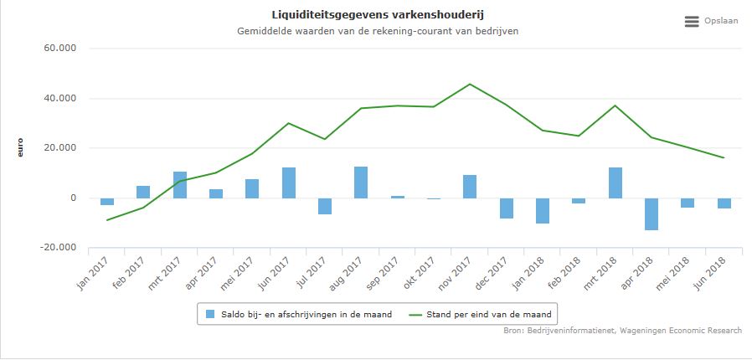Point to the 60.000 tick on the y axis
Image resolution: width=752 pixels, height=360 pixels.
pos(59,49)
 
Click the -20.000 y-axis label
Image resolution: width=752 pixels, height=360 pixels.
pos(58,248)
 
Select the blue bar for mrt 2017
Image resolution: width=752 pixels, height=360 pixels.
pos(180,185)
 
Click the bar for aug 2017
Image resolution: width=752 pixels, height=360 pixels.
pos(361,183)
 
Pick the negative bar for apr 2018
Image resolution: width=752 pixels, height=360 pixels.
pos(651,213)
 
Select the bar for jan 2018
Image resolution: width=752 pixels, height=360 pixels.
pos(543,211)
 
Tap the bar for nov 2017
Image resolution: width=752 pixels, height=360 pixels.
pos(470,187)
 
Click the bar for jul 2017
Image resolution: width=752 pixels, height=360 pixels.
pos(325,206)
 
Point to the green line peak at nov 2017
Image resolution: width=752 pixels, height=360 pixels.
pos(470,84)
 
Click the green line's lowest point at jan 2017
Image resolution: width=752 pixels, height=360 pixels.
pos(107,220)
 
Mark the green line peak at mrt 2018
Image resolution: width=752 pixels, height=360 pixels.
pos(615,105)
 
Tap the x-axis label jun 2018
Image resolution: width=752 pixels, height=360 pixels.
pos(711,272)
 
